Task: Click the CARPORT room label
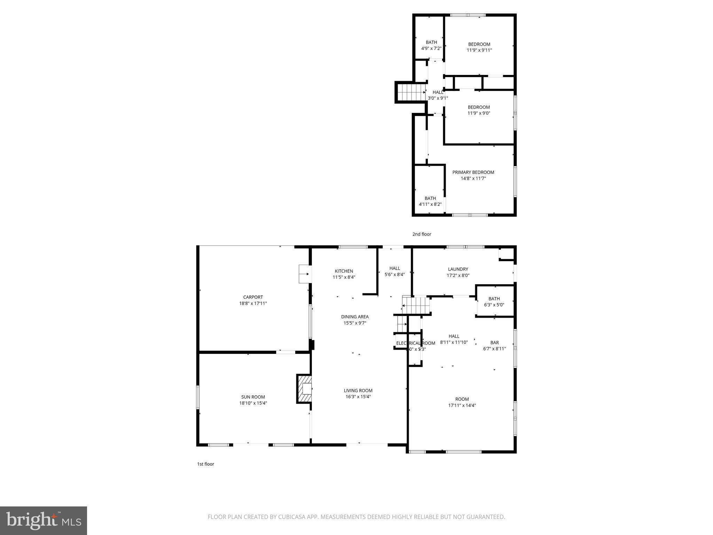pos(253,297)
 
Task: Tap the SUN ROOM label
pos(253,397)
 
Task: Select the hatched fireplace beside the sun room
pos(304,389)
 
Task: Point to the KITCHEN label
pos(344,271)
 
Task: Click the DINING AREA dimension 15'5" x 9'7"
pos(355,323)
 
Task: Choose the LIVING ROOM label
pos(358,390)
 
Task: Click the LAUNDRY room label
pos(458,269)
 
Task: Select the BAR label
pos(494,342)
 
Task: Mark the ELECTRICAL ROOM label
pos(415,343)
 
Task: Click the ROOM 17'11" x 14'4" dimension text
pos(462,405)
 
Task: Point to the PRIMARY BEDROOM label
pos(473,172)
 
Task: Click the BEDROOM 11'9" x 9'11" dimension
pos(479,50)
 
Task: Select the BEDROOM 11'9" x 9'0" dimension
pos(479,113)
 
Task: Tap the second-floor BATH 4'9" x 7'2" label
pos(431,42)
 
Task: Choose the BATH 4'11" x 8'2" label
pos(430,198)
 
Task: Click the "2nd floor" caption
pos(422,234)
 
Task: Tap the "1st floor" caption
pos(205,464)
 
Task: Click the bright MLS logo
pos(43,520)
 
